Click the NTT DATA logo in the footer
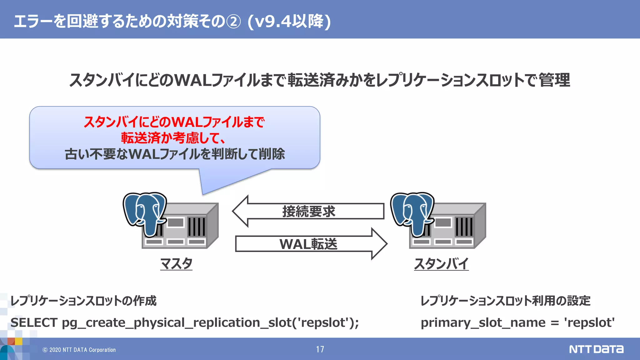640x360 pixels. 596,349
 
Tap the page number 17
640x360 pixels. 320,349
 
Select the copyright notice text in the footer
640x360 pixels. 79,350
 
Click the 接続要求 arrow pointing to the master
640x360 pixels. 308,212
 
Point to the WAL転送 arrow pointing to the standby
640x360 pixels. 308,244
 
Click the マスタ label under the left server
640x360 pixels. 176,264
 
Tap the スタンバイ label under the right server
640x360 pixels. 441,264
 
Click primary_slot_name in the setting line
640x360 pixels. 483,322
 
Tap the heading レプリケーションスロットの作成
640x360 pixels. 83,301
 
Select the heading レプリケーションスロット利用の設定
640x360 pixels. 505,301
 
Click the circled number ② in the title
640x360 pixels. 233,22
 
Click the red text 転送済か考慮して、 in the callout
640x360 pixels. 173,138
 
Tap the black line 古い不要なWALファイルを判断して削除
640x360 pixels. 175,154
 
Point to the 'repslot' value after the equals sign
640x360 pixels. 589,322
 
